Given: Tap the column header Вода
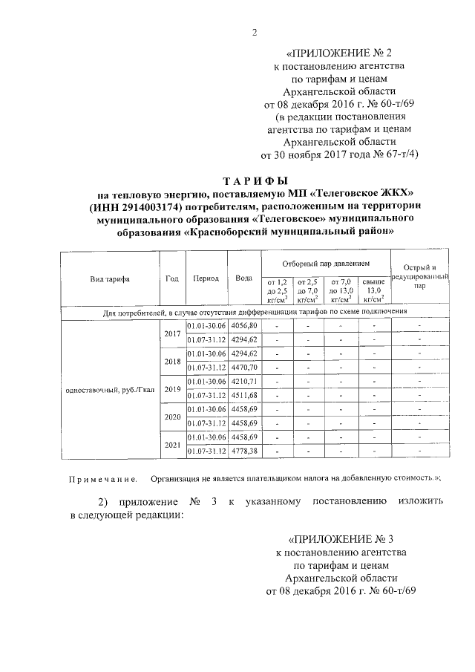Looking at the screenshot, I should [x=243, y=278].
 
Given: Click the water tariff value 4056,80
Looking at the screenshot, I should [x=243, y=326].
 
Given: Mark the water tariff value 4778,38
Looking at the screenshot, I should [x=243, y=451].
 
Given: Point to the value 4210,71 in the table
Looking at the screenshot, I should [x=243, y=381].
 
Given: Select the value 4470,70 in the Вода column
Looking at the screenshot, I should [x=243, y=368].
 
